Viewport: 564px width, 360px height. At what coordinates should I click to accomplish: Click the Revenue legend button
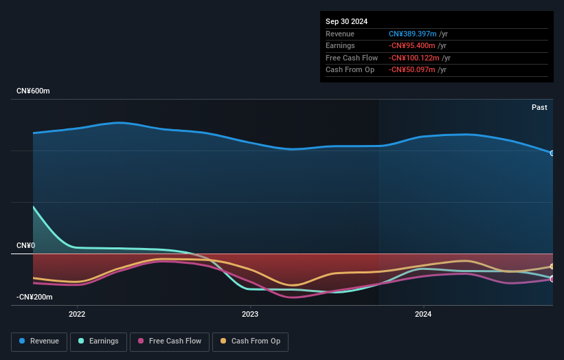39,341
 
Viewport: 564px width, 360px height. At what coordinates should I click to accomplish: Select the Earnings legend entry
98,341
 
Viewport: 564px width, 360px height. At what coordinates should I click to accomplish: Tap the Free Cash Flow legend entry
169,341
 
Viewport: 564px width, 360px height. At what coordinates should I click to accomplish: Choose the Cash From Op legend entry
250,341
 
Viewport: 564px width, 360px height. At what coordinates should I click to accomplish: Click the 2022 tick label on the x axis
77,315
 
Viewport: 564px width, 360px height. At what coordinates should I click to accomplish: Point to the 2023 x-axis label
250,315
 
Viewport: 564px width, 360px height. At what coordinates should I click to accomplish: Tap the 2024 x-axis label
423,315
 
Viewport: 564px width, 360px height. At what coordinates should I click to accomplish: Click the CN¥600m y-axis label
33,91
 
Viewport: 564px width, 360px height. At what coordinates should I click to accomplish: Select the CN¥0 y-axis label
25,245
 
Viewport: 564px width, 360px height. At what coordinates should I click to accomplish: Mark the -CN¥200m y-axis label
34,297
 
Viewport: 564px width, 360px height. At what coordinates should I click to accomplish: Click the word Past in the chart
539,108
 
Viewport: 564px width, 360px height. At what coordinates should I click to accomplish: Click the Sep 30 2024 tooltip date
346,21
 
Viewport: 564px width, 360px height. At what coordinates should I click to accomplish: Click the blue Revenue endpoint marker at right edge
552,153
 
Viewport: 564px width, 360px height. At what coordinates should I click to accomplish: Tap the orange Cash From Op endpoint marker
552,267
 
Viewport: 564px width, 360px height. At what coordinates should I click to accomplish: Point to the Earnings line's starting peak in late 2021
33,207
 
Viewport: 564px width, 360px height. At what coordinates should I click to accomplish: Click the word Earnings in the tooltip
341,46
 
